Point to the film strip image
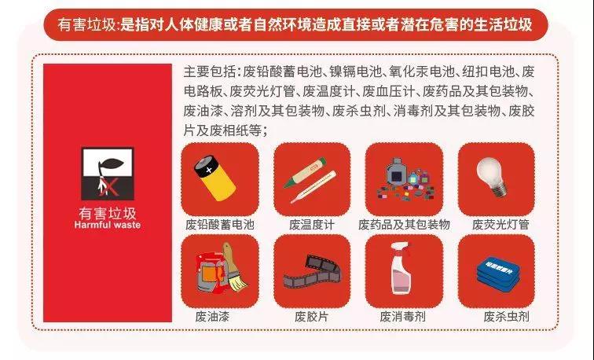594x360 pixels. pos(311,272)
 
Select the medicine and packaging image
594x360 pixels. pos(403,179)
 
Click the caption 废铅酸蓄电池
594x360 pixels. pos(219,224)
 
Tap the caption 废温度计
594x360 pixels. pos(312,224)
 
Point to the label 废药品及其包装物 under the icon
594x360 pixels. pos(404,224)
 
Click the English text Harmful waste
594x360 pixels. pos(108,225)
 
